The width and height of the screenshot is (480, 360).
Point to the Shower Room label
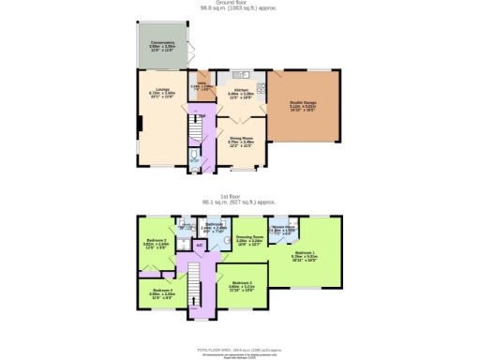pyautogui.click(x=283, y=228)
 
